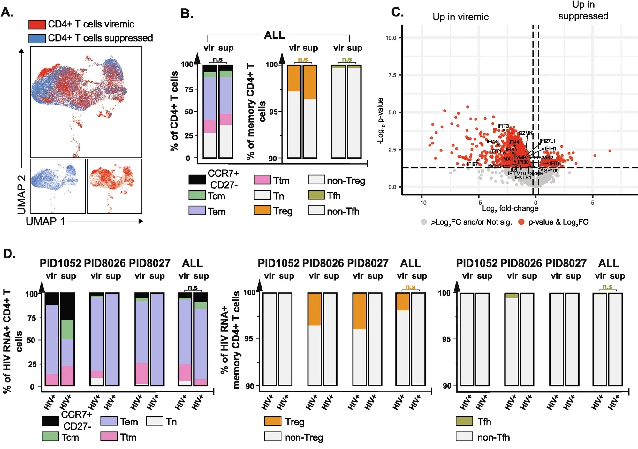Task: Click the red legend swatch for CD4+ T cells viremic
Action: [37, 25]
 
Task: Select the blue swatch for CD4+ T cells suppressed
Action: [37, 38]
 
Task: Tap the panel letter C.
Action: [397, 12]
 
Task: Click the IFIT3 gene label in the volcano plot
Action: [503, 126]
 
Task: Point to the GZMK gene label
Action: [525, 133]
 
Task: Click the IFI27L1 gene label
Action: [547, 141]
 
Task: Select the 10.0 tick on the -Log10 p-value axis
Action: [391, 38]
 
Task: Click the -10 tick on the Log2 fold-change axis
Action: [422, 203]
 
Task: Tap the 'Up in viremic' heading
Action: [460, 17]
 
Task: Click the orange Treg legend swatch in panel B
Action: [262, 210]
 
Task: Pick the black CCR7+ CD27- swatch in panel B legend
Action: [197, 180]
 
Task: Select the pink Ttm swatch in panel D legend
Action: [109, 437]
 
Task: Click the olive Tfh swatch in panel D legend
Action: [464, 421]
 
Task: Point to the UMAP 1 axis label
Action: [45, 221]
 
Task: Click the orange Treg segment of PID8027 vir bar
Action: [359, 311]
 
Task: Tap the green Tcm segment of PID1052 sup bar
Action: [67, 329]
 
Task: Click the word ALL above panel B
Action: [274, 35]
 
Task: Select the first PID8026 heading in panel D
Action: [105, 263]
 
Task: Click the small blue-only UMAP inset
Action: [58, 186]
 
